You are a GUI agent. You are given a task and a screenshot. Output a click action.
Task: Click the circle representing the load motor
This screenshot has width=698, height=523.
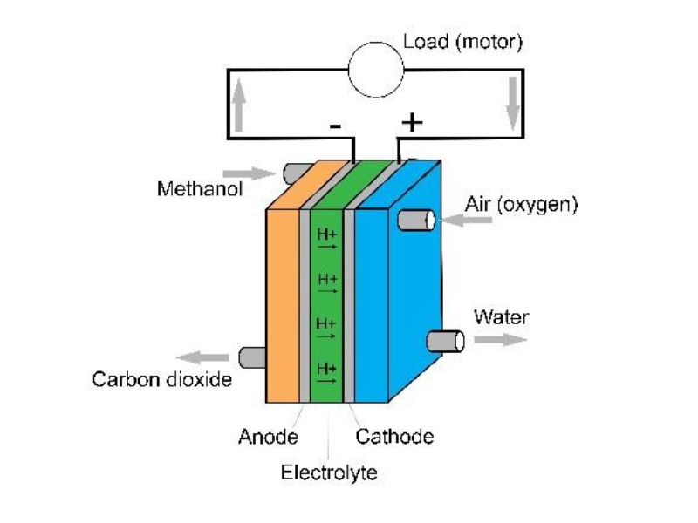tap(376, 70)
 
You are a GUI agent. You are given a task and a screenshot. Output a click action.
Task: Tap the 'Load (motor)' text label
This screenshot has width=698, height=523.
tap(462, 41)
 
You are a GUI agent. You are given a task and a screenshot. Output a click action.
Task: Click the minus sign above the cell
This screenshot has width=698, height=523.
tap(335, 126)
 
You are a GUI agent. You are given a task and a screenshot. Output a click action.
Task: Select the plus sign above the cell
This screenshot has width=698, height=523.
tap(411, 123)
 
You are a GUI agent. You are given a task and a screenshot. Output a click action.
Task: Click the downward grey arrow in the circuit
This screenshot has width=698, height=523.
tap(512, 107)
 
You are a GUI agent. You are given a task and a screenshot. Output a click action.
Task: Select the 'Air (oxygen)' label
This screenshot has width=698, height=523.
tap(522, 206)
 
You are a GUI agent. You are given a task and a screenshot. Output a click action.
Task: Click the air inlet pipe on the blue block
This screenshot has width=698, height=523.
tap(416, 221)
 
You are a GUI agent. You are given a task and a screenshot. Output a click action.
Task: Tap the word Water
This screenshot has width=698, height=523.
tap(501, 316)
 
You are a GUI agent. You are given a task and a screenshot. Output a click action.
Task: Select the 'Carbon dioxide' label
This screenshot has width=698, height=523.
tap(162, 380)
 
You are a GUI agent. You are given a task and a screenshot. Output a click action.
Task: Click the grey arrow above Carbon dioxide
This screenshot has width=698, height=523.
tap(202, 357)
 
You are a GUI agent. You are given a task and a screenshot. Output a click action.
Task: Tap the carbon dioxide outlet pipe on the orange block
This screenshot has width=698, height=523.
tap(249, 357)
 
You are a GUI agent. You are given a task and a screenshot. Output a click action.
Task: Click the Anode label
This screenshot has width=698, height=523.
tap(268, 437)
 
